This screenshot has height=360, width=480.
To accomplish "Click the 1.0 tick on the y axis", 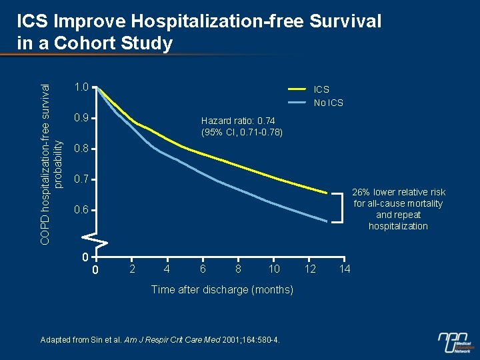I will pyautogui.click(x=81, y=87).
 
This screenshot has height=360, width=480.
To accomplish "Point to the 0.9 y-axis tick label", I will pyautogui.click(x=81, y=118).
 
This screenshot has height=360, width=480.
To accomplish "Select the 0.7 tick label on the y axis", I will pyautogui.click(x=81, y=180).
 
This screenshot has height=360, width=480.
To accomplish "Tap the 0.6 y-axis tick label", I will pyautogui.click(x=81, y=211).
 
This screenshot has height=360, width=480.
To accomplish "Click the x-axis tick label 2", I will pyautogui.click(x=131, y=269).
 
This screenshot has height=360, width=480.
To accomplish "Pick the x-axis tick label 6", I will pyautogui.click(x=202, y=269).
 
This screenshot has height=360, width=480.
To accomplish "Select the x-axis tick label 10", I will pyautogui.click(x=273, y=269).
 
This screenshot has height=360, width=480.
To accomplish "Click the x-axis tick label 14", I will pyautogui.click(x=344, y=269).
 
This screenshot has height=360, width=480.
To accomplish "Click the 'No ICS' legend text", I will pyautogui.click(x=329, y=103).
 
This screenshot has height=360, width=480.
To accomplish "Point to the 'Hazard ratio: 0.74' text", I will pyautogui.click(x=241, y=121).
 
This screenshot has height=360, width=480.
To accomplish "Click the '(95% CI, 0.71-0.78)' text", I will pyautogui.click(x=241, y=132).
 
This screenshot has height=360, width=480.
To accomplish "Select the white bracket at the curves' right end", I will pyautogui.click(x=341, y=207).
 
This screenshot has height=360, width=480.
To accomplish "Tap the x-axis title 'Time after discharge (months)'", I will pyautogui.click(x=222, y=289).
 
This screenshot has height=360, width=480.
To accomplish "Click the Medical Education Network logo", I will pyautogui.click(x=455, y=342).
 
